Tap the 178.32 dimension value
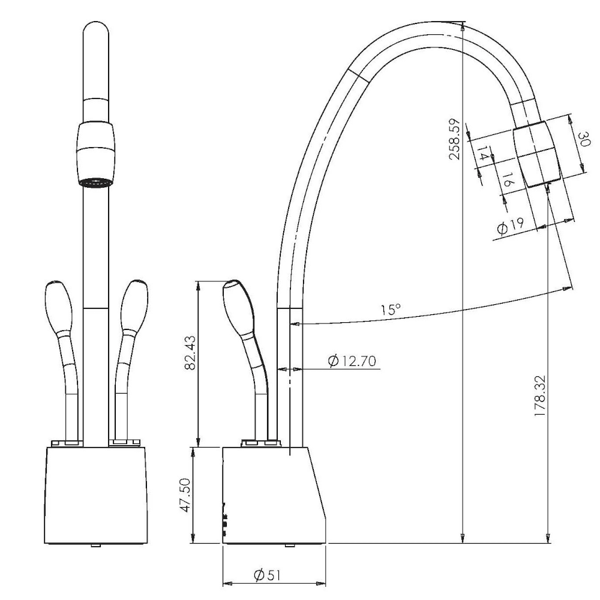coord(539,396)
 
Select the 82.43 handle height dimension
coord(190,352)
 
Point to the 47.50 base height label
coord(186,495)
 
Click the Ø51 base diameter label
coord(267,575)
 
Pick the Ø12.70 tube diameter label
coord(352,361)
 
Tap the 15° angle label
coord(391,309)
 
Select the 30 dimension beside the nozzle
coord(584,139)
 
